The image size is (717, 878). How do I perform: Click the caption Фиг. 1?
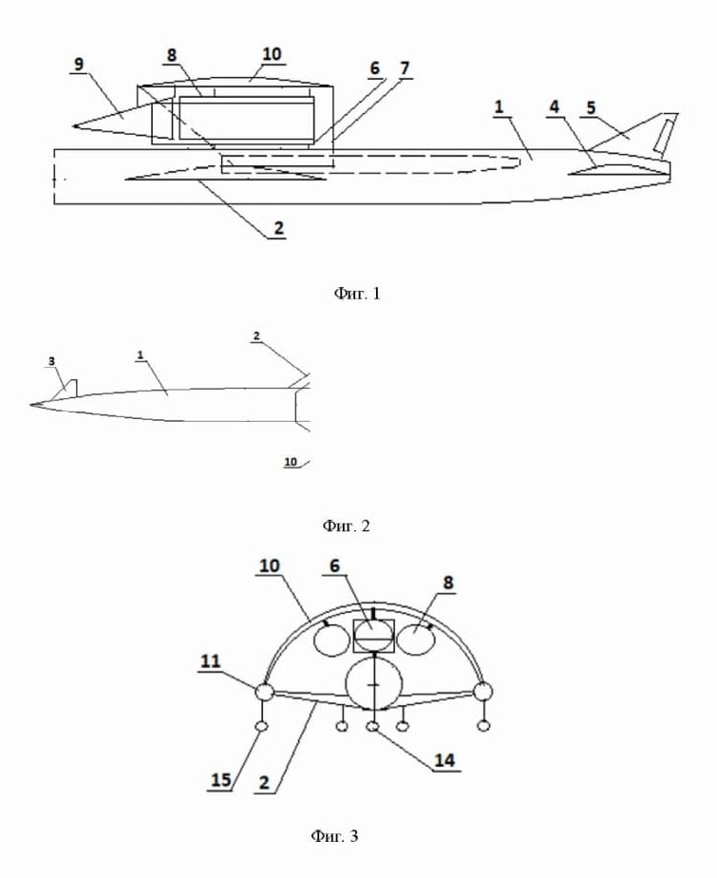pos(357,294)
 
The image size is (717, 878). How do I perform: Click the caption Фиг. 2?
pos(347,525)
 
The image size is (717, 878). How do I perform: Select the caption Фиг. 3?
pos(334,836)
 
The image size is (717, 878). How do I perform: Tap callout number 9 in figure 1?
pos(79,64)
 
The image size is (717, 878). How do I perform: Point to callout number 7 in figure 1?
pos(405,68)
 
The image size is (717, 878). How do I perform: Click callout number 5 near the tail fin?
pos(591,107)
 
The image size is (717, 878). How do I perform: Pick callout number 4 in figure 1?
pos(554,106)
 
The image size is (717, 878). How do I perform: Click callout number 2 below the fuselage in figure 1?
pos(278,228)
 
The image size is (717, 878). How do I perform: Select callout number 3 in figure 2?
pos(52,361)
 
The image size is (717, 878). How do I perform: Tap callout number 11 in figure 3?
pos(211,661)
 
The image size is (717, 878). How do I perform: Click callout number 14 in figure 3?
pos(445,760)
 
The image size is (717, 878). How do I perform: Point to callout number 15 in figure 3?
pos(221,779)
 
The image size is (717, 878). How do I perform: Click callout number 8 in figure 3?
pos(448,582)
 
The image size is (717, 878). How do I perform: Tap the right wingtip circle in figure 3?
pos(483,692)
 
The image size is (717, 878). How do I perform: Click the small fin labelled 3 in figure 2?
pos(70,388)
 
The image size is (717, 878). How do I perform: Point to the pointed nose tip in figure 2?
pos(30,404)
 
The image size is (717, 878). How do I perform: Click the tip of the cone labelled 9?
pos(73,126)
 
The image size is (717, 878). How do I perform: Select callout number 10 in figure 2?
pos(291,462)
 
